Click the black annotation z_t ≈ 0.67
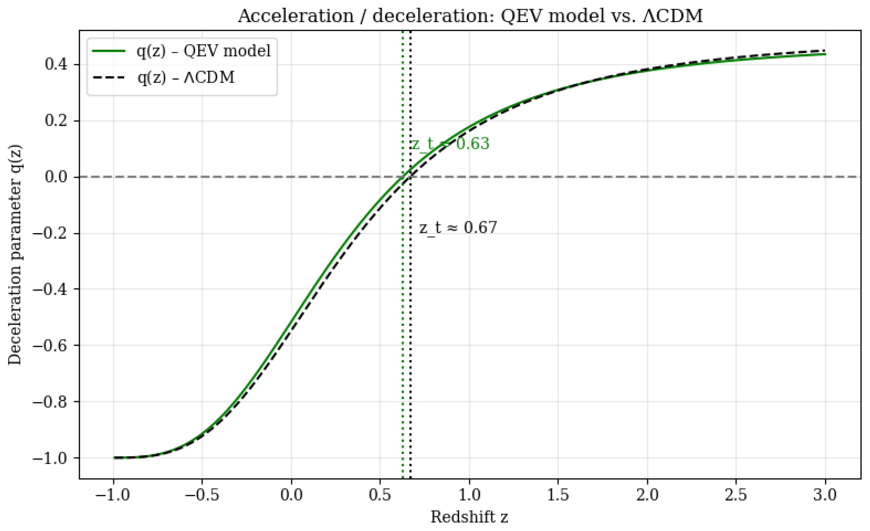click(458, 228)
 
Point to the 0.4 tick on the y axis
click(57, 64)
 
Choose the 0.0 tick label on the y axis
click(57, 177)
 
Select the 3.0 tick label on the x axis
click(825, 495)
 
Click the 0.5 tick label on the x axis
click(380, 495)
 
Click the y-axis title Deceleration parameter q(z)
click(15, 255)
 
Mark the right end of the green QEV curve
click(825, 54)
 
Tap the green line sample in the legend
click(109, 51)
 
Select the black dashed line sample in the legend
click(109, 77)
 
